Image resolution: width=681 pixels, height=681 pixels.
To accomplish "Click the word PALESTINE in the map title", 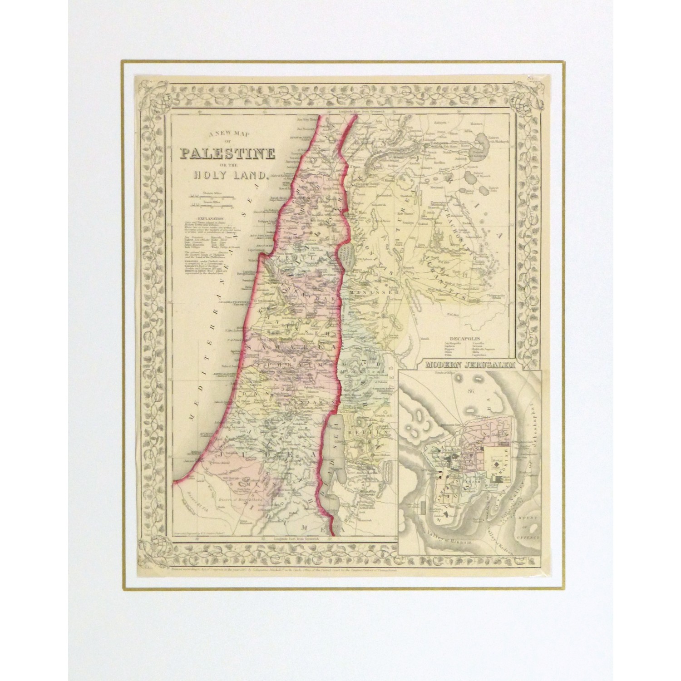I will (227, 153).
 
